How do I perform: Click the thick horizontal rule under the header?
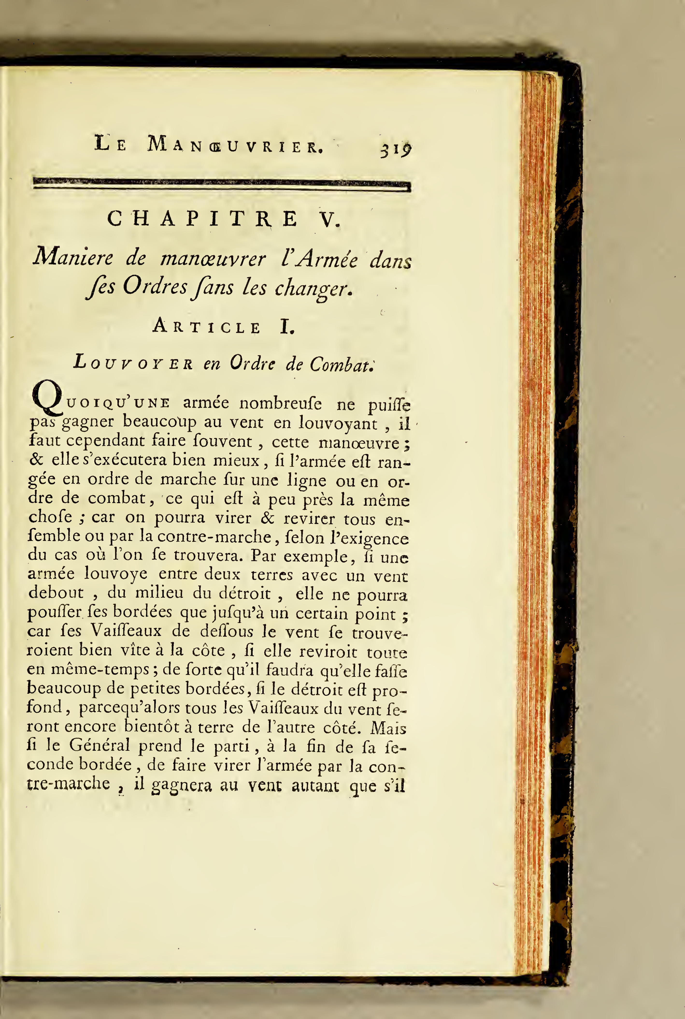tap(222, 184)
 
